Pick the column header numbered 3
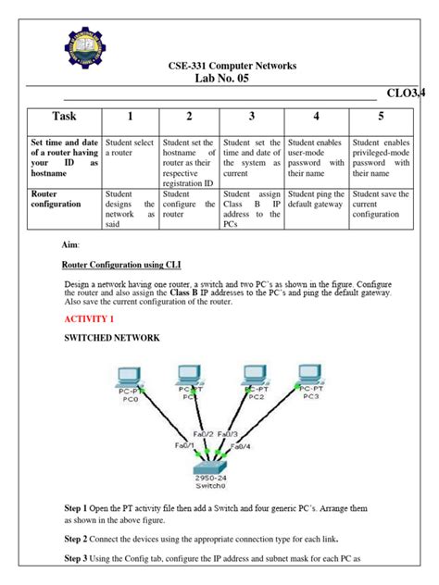pyautogui.click(x=251, y=117)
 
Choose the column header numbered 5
pyautogui.click(x=381, y=117)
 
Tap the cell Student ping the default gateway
pyautogui.click(x=316, y=200)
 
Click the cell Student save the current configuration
pyautogui.click(x=381, y=205)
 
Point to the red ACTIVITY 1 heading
pyautogui.click(x=94, y=317)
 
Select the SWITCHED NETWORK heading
pyautogui.click(x=113, y=339)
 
